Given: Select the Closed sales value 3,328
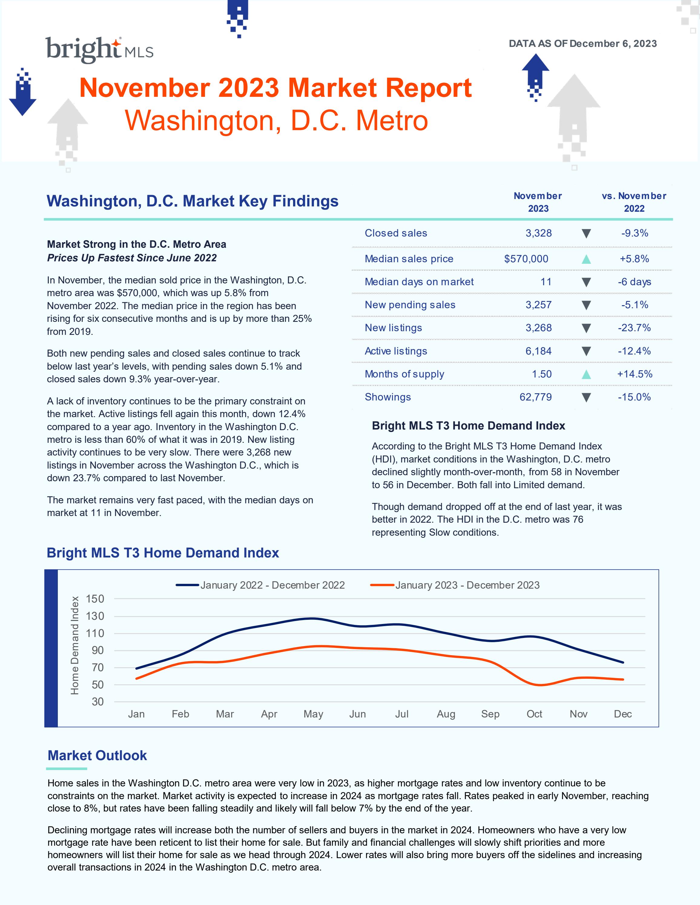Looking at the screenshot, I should [x=538, y=233].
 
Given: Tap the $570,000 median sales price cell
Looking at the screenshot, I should [x=526, y=259].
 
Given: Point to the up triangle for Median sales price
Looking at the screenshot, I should [x=586, y=260].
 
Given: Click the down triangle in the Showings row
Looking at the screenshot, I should [x=586, y=398].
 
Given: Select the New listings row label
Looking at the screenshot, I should [x=393, y=328].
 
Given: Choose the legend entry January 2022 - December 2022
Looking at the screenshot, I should [x=272, y=585].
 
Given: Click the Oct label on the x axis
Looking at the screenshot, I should [x=534, y=714].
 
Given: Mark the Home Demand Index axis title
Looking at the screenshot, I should [x=75, y=645].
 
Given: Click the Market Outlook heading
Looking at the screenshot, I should [x=97, y=755].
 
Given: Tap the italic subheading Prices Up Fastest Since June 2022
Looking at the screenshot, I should [x=132, y=258].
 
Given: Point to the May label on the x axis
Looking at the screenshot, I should [x=313, y=714].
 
